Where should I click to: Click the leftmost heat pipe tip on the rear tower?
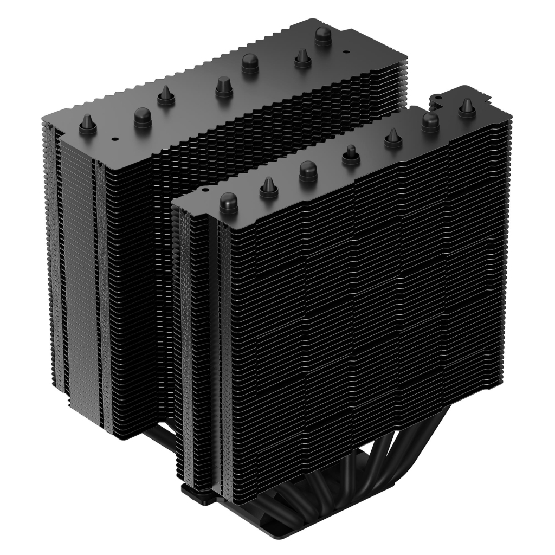pos(87,125)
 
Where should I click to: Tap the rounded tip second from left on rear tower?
pos(143,115)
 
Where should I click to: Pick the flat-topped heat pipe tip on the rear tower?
pos(223,87)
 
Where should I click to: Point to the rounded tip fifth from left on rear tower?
pos(249,63)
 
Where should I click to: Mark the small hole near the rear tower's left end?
pos(114,138)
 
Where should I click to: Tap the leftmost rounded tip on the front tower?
pos(229,203)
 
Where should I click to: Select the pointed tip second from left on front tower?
pos(268,186)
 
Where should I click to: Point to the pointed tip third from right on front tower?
pos(392,139)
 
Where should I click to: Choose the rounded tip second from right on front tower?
pos(430,121)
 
